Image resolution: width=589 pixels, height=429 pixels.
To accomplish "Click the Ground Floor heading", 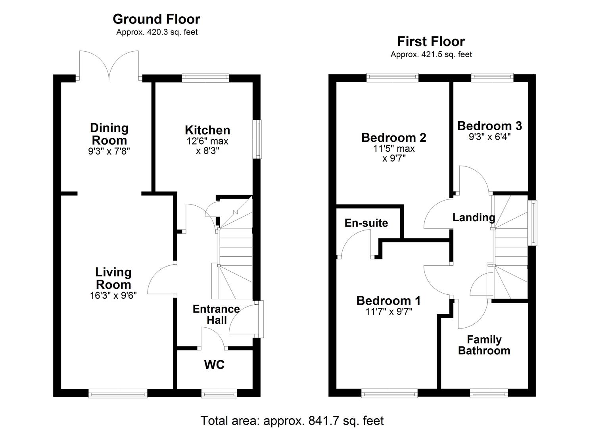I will tap(156, 19).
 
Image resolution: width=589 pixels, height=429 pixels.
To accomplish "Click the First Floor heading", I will tap(431, 41).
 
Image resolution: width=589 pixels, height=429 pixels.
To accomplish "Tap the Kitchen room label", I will tap(207, 130).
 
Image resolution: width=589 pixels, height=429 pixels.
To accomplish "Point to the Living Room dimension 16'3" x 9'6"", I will tap(113, 296).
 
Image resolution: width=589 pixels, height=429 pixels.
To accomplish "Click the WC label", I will tap(214, 365).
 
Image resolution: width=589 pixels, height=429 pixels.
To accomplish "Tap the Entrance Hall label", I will tap(216, 314).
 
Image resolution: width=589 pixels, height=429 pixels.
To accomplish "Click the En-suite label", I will tap(366, 223).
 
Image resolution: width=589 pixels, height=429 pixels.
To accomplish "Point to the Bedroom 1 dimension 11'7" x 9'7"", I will tap(389, 311).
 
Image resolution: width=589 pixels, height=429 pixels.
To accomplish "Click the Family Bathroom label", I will tap(484, 345).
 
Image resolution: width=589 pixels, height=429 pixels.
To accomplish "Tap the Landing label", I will tap(474, 217).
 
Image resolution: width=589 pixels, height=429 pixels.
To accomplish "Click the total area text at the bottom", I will tap(292, 420).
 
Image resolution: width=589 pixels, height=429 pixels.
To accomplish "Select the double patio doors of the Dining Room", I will tap(109, 66).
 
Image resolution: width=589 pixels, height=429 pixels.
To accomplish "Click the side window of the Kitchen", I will tap(259, 139).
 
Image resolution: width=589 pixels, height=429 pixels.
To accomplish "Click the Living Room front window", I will tap(118, 393).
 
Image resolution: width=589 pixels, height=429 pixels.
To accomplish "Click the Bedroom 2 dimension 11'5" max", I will tap(393, 149).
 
